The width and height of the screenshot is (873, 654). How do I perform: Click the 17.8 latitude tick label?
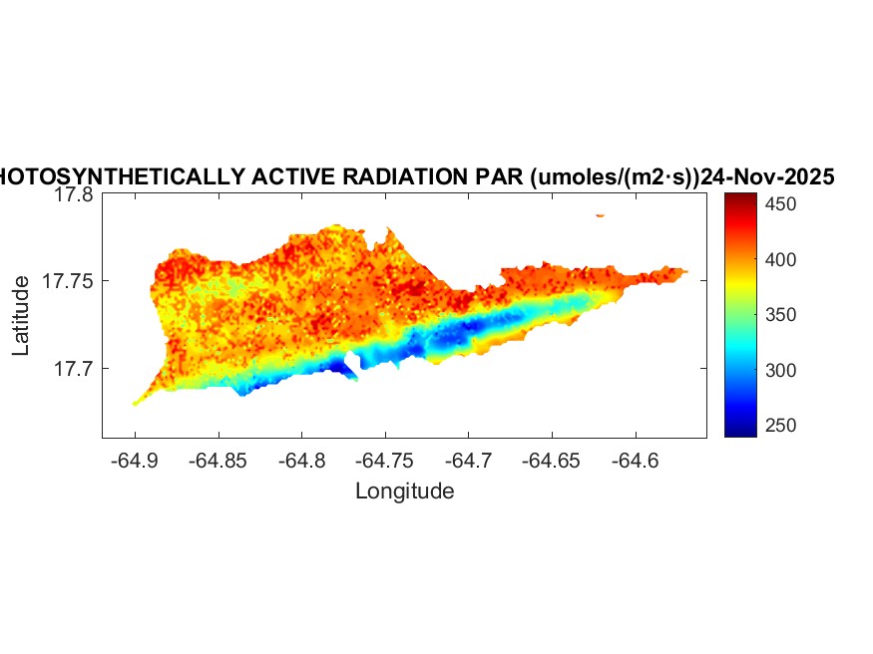point(74,196)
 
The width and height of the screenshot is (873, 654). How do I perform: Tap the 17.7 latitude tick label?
point(74,369)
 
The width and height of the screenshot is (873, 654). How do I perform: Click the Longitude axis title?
point(404,490)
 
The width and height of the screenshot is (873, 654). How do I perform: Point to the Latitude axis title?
point(22,316)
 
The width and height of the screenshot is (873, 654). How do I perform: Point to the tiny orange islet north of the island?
point(600,214)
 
